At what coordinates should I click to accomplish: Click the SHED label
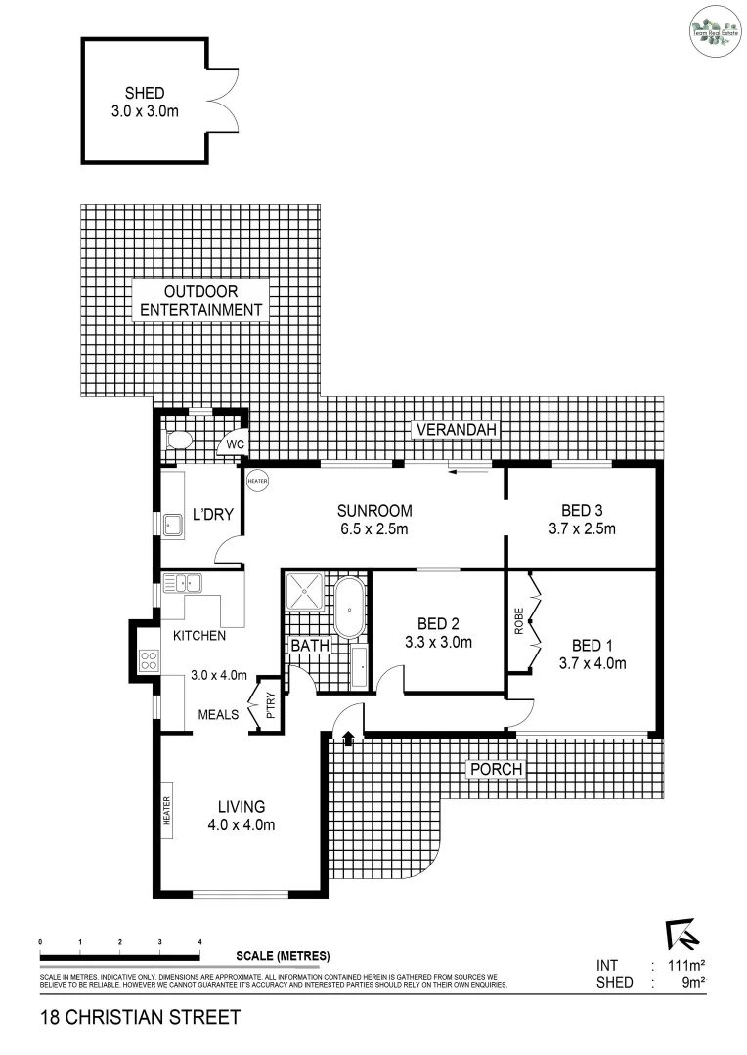pos(144,93)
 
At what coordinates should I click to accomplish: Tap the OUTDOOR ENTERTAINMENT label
pos(201,301)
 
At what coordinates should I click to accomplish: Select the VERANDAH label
pos(456,430)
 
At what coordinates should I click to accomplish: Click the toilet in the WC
pos(178,442)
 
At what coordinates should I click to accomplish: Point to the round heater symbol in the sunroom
pos(257,482)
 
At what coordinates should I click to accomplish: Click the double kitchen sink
pos(182,584)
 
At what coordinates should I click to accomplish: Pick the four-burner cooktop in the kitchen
pos(150,660)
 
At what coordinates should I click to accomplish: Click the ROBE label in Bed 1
pos(519,622)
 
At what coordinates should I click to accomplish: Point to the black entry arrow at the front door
pos(349,740)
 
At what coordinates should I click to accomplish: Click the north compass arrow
pos(679,935)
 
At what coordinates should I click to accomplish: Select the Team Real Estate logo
pos(713,27)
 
